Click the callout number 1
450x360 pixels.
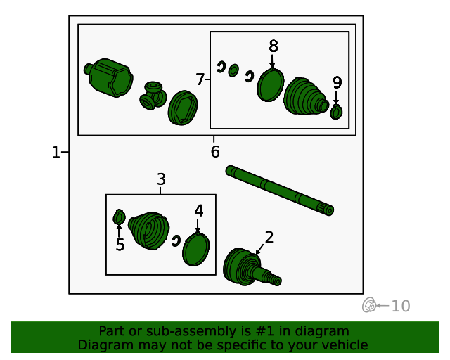tap(56, 152)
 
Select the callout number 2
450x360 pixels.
tap(269, 238)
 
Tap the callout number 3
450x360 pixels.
tap(161, 179)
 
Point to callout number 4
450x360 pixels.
tap(198, 211)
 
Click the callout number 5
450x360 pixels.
tap(120, 245)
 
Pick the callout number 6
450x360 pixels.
tap(215, 152)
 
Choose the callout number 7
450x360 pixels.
tap(200, 79)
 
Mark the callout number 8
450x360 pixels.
tap(274, 46)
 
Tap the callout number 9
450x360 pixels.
tap(337, 82)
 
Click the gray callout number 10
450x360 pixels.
tap(401, 306)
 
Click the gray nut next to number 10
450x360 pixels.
tap(369, 305)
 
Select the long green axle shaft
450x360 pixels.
tap(280, 191)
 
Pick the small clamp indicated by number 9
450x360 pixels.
tap(336, 111)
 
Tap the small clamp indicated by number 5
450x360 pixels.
tap(119, 217)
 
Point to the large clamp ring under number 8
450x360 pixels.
tap(270, 84)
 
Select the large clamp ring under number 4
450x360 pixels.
tap(196, 249)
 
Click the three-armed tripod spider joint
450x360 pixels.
tap(153, 96)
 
